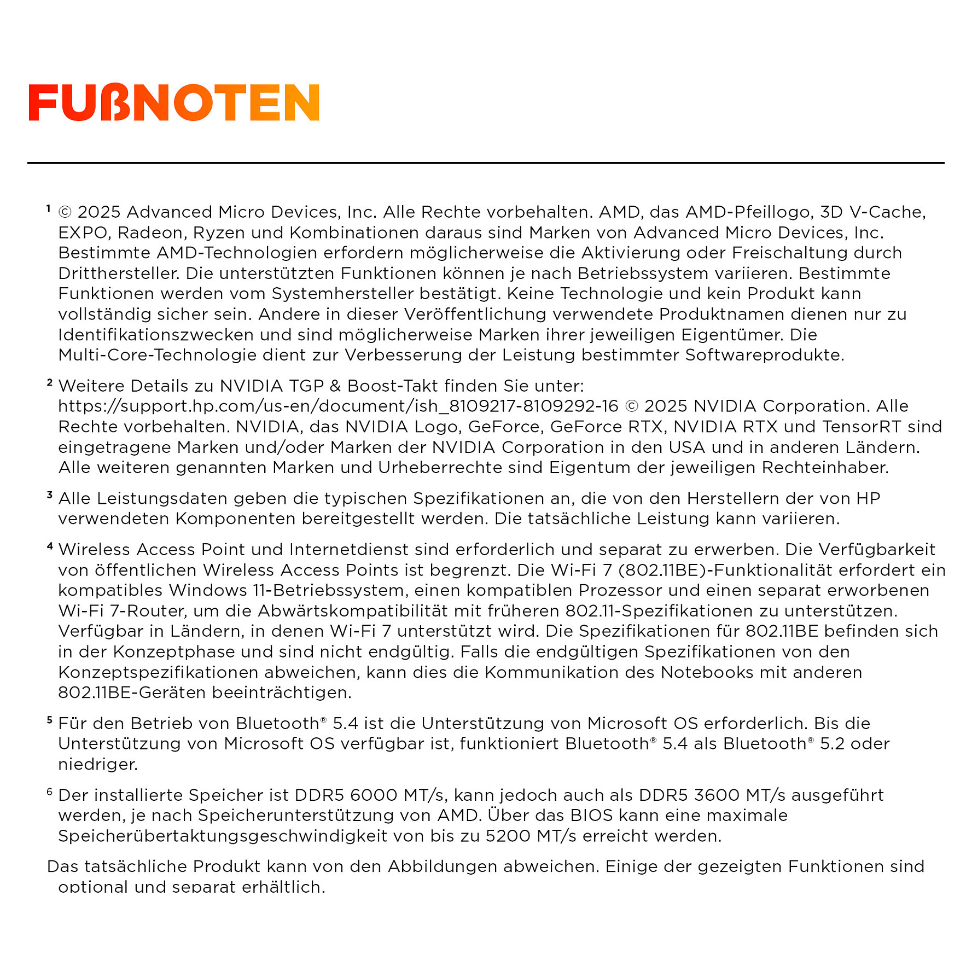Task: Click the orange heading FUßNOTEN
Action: click(x=174, y=102)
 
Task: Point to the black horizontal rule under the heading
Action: click(x=486, y=162)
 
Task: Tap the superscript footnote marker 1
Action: click(x=49, y=208)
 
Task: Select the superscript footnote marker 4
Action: click(x=50, y=545)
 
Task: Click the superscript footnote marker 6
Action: click(x=50, y=791)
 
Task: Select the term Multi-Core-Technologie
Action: click(x=158, y=355)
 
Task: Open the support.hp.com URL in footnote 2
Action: click(x=338, y=406)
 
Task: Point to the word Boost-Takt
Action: click(x=393, y=386)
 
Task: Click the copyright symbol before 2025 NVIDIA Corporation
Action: click(x=631, y=406)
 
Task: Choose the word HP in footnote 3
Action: click(x=868, y=499)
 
